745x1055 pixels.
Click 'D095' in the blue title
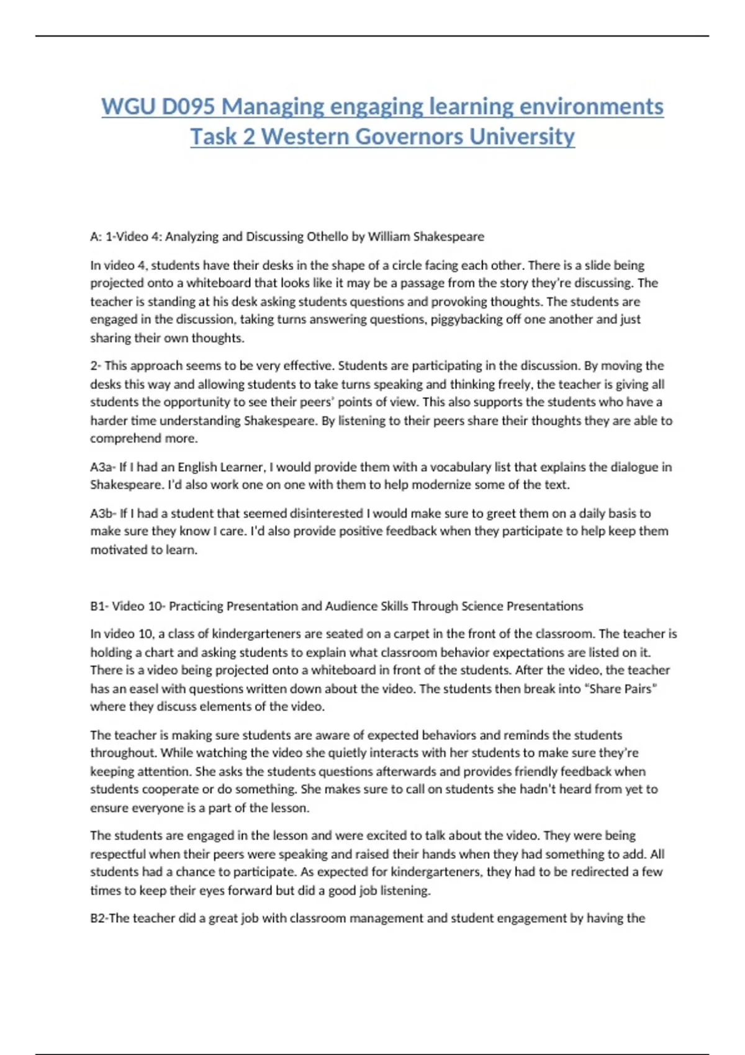click(188, 107)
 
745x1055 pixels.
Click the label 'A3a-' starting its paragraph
click(102, 467)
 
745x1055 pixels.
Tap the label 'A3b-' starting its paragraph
click(102, 513)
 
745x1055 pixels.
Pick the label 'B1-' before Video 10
click(99, 606)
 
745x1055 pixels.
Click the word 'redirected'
click(598, 872)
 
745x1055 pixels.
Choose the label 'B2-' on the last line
click(99, 918)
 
